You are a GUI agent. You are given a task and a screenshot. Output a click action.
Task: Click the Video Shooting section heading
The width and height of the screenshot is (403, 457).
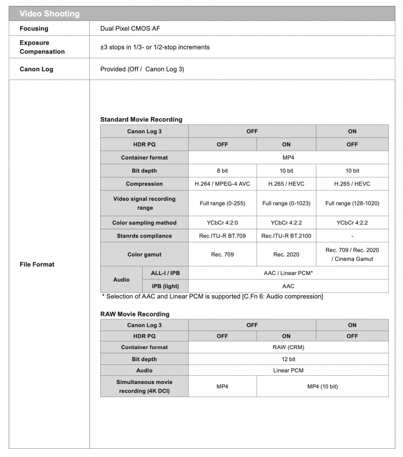(50, 14)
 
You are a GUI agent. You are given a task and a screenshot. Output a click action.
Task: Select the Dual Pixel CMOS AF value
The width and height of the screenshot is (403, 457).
(130, 28)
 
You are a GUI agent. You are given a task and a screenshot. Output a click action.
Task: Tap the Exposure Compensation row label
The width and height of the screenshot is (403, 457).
(42, 47)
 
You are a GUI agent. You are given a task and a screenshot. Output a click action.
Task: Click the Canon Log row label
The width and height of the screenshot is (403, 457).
(36, 69)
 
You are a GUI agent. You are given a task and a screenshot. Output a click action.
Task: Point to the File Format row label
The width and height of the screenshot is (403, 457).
(37, 264)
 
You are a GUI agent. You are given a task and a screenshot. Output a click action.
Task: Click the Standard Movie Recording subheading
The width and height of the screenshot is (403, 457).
(141, 119)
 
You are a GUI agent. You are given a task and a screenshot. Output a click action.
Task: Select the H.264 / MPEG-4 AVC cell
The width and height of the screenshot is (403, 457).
(222, 184)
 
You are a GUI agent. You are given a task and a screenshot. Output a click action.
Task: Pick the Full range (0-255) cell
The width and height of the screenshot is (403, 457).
(222, 203)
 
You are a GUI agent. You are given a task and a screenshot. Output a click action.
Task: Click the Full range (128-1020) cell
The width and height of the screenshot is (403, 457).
(352, 203)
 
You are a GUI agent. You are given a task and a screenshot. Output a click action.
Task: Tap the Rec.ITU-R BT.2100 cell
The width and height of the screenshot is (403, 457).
(286, 236)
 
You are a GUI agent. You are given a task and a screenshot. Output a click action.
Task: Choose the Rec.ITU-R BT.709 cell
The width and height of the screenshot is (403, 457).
(222, 236)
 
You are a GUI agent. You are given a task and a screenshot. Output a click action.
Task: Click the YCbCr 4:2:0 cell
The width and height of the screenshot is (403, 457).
(222, 223)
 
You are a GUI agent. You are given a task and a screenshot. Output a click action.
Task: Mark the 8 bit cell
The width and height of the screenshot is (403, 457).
(222, 170)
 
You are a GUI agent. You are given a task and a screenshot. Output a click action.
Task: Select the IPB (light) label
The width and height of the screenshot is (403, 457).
(161, 286)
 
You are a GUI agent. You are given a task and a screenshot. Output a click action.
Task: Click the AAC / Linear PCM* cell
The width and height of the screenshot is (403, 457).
(288, 273)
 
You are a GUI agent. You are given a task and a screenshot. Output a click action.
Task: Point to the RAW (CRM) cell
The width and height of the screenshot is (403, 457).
(288, 347)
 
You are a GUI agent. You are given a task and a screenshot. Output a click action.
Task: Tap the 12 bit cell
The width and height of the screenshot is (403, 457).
(288, 359)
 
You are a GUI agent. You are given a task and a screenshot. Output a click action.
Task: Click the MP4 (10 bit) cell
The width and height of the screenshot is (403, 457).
(322, 386)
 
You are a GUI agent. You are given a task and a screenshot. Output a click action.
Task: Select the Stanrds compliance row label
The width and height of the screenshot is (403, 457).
(144, 236)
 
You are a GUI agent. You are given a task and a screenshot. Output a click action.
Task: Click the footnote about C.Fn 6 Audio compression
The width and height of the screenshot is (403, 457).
(212, 296)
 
